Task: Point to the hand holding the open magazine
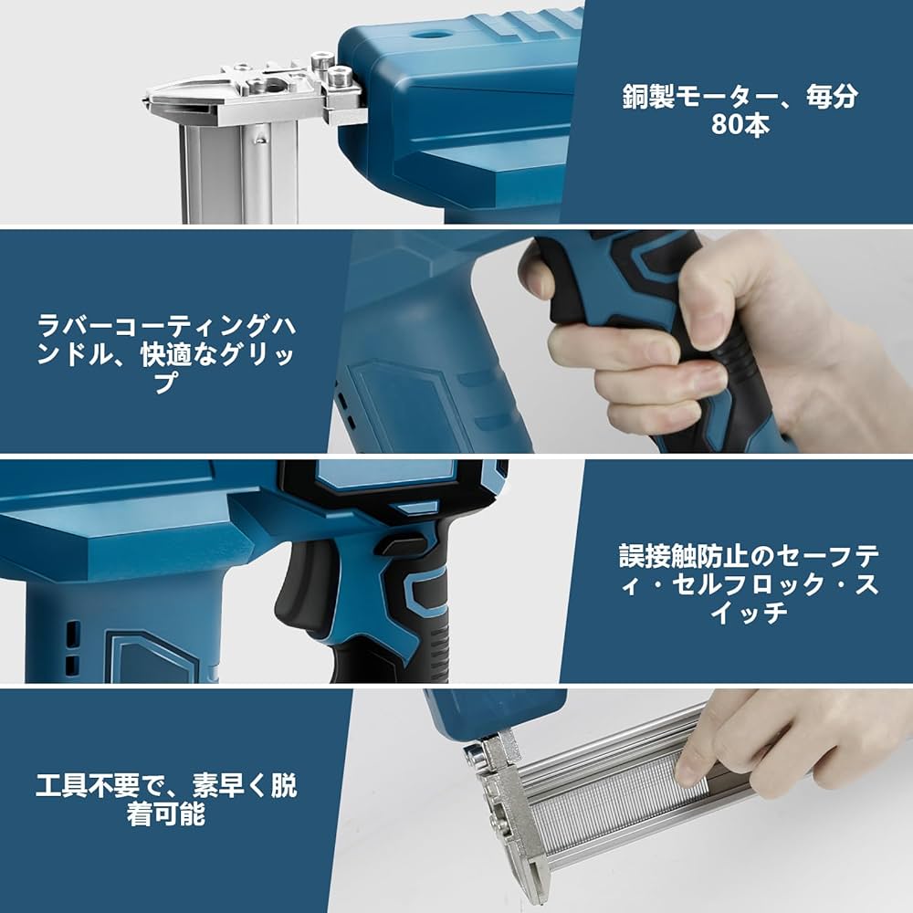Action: pos(785,740)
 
